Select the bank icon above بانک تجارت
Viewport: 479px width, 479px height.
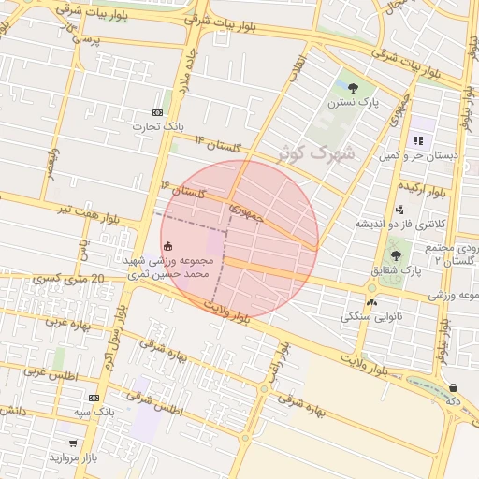[x=156, y=111]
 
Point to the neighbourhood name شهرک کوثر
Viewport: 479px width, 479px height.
[x=317, y=151]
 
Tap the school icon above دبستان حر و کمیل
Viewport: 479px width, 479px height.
[x=417, y=140]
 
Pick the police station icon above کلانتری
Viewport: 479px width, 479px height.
[x=400, y=210]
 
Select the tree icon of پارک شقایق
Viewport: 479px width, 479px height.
[x=396, y=254]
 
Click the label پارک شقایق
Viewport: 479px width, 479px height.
[x=398, y=270]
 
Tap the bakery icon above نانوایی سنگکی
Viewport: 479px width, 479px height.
[x=372, y=301]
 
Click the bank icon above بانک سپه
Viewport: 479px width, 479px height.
[x=93, y=397]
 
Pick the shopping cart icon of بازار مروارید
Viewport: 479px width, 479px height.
[x=72, y=442]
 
